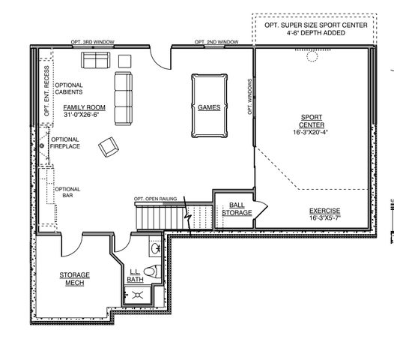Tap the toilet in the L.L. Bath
pyautogui.click(x=150, y=271)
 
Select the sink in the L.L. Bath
pyautogui.click(x=156, y=247)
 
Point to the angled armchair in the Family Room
pyautogui.click(x=109, y=148)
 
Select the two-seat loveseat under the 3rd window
pyautogui.click(x=94, y=60)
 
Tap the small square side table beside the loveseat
pyautogui.click(x=124, y=60)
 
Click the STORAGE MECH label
pyautogui.click(x=74, y=279)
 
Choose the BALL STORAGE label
pyautogui.click(x=237, y=208)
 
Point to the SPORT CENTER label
pyautogui.click(x=312, y=121)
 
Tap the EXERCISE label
pyautogui.click(x=325, y=211)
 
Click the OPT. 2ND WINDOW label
pyautogui.click(x=216, y=41)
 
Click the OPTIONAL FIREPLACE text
pyautogui.click(x=64, y=142)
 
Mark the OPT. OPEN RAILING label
pyautogui.click(x=156, y=198)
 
